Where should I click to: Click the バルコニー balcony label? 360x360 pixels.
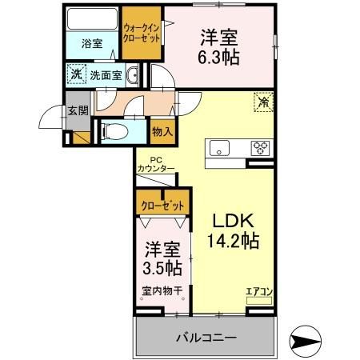click(206, 338)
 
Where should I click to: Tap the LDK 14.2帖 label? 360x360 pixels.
click(234, 230)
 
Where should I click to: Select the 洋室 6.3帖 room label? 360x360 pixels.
click(218, 49)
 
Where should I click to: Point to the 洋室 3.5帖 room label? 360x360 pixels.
click(162, 258)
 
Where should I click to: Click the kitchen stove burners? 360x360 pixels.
click(260, 147)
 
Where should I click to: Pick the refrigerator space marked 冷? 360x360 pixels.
click(262, 102)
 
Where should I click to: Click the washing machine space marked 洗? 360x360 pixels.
click(76, 74)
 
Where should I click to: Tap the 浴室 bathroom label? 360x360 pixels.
click(91, 44)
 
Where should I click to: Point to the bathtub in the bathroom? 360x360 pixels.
click(91, 20)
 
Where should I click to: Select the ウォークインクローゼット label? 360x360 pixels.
click(141, 34)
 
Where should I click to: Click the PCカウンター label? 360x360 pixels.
click(155, 164)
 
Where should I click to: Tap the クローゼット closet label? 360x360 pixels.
click(163, 206)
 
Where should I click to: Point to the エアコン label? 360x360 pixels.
click(258, 290)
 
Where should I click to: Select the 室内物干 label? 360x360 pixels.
click(162, 291)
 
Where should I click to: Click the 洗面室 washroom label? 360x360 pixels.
click(105, 75)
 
